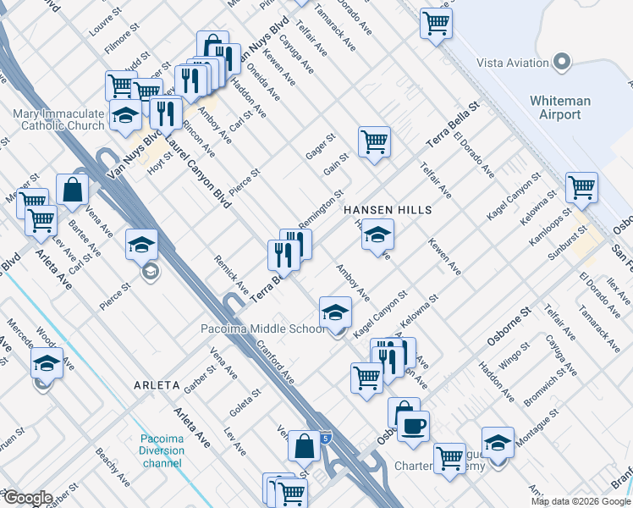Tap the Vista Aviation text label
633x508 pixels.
(513, 62)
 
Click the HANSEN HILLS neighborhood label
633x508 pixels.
(387, 210)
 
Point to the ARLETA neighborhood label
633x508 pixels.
(157, 385)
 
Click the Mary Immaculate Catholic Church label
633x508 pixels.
(58, 119)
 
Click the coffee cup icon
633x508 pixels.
(413, 426)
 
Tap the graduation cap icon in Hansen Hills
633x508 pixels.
(378, 235)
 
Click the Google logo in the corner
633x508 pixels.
(27, 497)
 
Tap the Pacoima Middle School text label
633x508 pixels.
(261, 329)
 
